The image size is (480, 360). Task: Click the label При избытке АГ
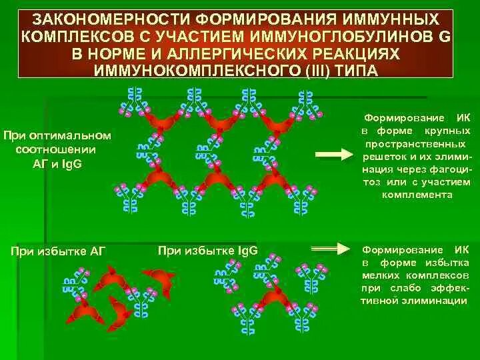[56, 251]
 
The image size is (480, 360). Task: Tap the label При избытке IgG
[208, 251]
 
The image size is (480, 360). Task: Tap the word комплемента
[417, 195]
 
